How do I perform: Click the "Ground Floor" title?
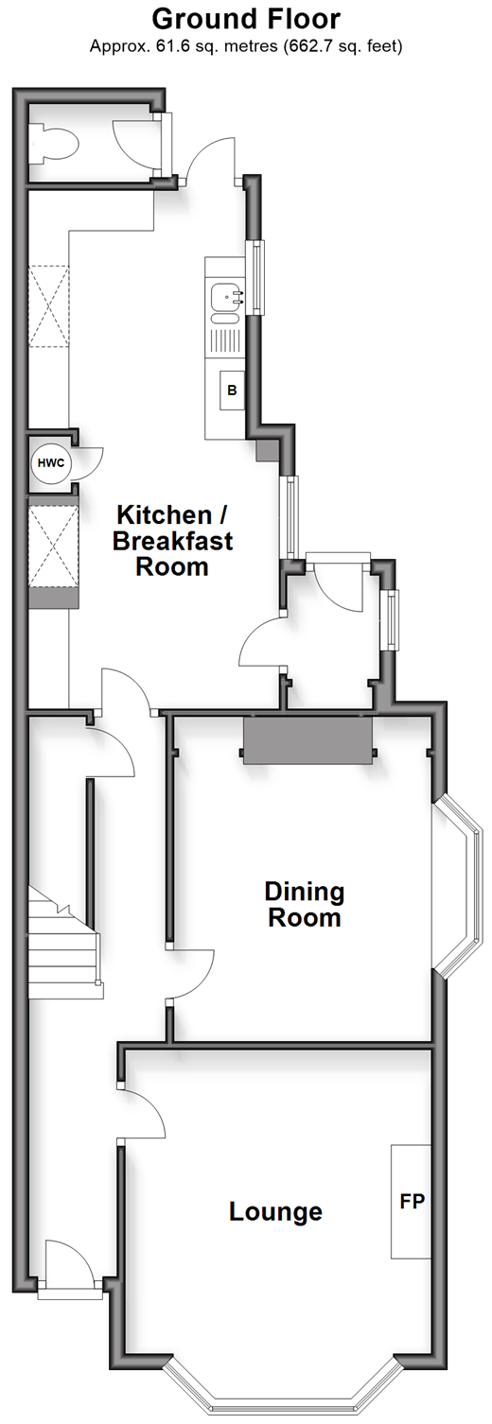pyautogui.click(x=246, y=19)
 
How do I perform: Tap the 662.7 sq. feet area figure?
pyautogui.click(x=342, y=45)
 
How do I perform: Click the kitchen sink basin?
pyautogui.click(x=227, y=298)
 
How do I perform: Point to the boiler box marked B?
pyautogui.click(x=232, y=390)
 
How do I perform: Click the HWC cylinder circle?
pyautogui.click(x=50, y=462)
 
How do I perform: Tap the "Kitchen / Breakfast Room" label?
pyautogui.click(x=172, y=540)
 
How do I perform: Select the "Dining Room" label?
pyautogui.click(x=305, y=904)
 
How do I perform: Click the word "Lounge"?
pyautogui.click(x=275, y=1211)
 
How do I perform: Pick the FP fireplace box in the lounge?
pyautogui.click(x=412, y=1202)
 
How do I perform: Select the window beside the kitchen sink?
pyautogui.click(x=257, y=278)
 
